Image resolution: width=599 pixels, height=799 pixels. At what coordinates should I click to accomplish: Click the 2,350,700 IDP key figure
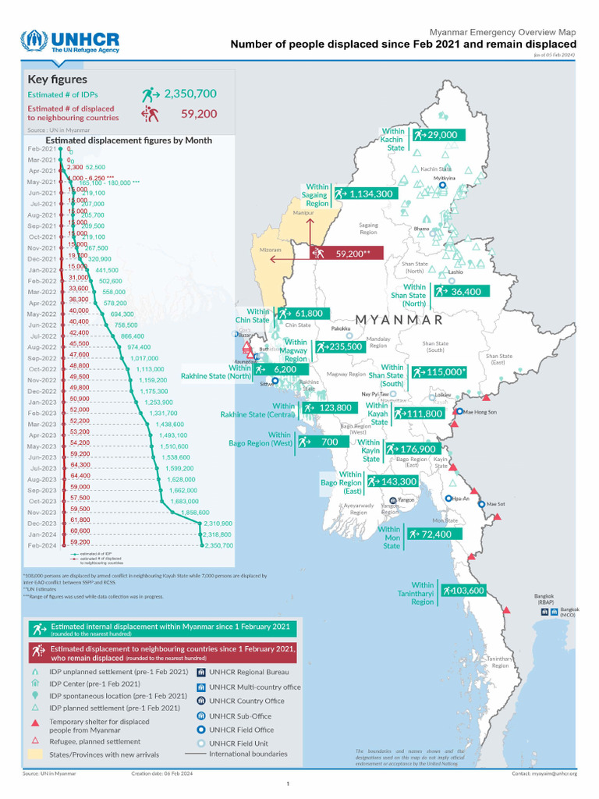[x=190, y=94]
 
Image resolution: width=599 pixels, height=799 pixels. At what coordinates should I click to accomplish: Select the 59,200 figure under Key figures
[x=198, y=114]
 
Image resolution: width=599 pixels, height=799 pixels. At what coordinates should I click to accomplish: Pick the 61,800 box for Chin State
[x=301, y=313]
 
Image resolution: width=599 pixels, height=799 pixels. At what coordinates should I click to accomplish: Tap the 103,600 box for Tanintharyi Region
[x=462, y=591]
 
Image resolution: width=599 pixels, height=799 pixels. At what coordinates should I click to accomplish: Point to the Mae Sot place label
[x=495, y=505]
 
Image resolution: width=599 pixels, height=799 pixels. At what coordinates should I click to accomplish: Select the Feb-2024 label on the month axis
[x=43, y=545]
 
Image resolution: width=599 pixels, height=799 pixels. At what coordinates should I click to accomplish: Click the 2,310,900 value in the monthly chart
[x=217, y=523]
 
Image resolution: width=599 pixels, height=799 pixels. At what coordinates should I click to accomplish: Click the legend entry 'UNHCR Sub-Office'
[x=240, y=715]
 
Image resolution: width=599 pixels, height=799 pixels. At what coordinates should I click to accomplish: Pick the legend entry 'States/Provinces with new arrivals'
[x=105, y=755]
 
